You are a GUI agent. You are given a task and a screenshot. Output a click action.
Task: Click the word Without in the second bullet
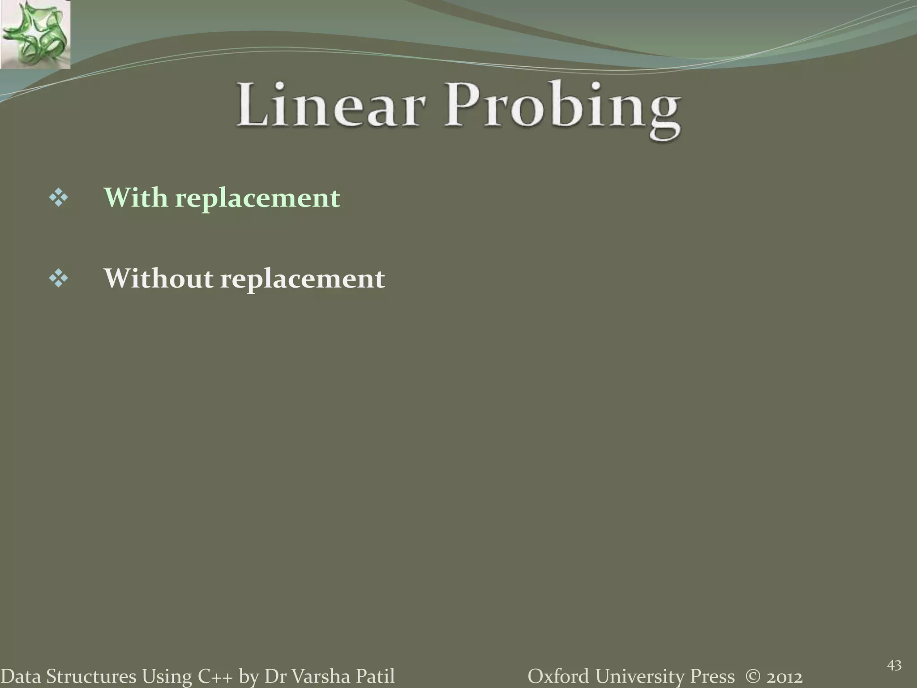[159, 278]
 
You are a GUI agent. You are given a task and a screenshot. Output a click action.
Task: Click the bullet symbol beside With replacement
[59, 198]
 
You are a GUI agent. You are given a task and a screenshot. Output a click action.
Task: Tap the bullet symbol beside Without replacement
[59, 279]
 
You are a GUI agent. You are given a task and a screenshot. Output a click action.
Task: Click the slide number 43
[894, 666]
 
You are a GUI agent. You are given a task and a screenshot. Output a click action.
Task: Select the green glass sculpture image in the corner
[35, 34]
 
